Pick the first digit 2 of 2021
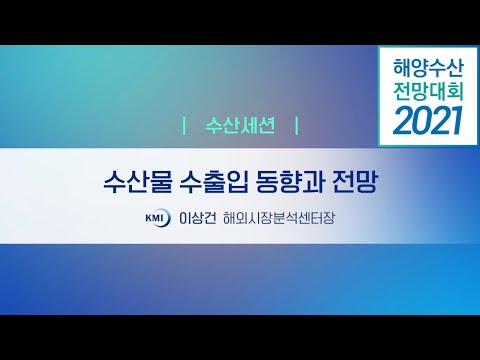click(x=398, y=121)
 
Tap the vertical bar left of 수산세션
click(x=186, y=127)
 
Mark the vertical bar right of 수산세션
click(x=298, y=127)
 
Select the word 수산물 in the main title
click(x=136, y=184)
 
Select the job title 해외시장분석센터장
click(x=278, y=216)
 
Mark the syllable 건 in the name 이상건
click(x=210, y=216)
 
